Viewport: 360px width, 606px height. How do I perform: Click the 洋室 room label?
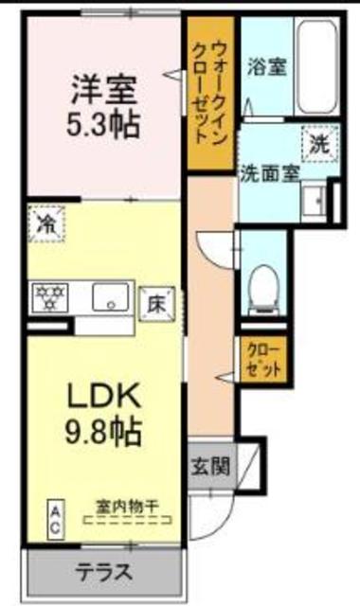pyautogui.click(x=102, y=93)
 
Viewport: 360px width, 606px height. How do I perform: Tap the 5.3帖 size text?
pyautogui.click(x=102, y=126)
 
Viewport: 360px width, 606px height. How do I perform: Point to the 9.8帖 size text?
pyautogui.click(x=102, y=433)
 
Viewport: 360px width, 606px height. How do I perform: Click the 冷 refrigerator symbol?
pyautogui.click(x=45, y=223)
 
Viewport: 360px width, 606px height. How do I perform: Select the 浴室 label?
pyautogui.click(x=261, y=67)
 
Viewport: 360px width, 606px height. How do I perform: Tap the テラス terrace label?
pyautogui.click(x=104, y=573)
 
